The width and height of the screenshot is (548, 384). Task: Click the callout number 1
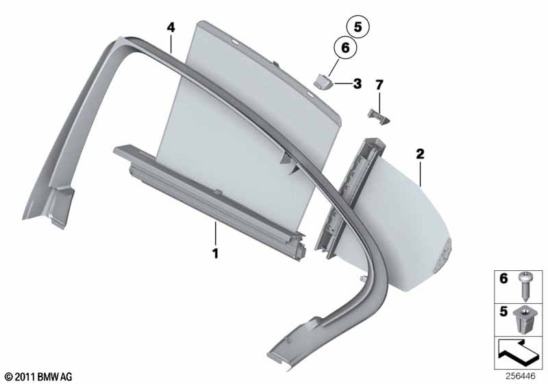click(216, 253)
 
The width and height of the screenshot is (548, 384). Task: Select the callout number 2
click(420, 154)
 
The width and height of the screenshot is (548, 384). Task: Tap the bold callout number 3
click(357, 84)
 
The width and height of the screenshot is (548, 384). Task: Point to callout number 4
click(171, 27)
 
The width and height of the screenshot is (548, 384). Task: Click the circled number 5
click(358, 27)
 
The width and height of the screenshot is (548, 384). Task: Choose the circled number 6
click(345, 47)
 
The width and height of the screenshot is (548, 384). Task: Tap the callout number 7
click(379, 84)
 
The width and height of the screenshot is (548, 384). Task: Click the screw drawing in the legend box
click(524, 287)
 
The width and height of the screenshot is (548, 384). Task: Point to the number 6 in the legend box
click(503, 278)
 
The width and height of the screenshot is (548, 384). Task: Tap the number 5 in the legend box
click(503, 311)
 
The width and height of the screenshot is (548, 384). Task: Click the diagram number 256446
click(520, 376)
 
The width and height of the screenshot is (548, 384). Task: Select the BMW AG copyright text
click(39, 376)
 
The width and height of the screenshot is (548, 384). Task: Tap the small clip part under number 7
click(379, 117)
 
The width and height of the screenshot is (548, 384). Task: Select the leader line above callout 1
click(216, 233)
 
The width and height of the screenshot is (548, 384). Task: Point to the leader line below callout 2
click(421, 173)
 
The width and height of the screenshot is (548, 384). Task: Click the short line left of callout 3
click(343, 84)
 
